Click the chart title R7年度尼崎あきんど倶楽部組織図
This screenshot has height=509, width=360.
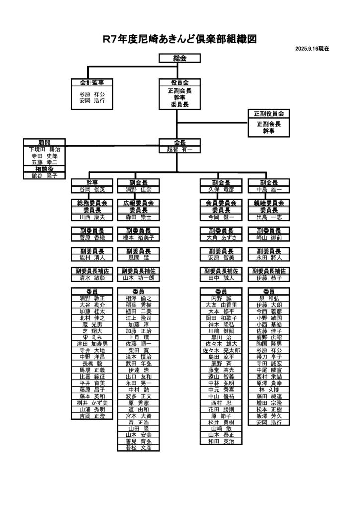coord(180,39)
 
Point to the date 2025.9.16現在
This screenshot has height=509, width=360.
coord(312,49)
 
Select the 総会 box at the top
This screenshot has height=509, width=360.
coord(180,58)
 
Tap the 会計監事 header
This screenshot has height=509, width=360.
coord(92,82)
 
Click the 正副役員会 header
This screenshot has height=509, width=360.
coord(269,114)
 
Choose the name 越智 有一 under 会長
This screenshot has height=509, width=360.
coord(180,149)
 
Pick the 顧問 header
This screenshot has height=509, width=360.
coord(44,142)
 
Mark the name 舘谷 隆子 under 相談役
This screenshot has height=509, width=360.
coord(44,175)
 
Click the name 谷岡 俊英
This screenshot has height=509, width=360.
coord(92,189)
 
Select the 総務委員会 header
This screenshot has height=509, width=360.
coord(92,203)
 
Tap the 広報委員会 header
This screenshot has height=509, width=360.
coord(139,203)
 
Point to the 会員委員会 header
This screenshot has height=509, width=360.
coord(221,203)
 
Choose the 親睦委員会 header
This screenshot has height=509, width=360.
coord(269,203)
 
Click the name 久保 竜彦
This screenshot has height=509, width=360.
coord(221,189)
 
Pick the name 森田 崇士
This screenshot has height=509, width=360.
coord(139,217)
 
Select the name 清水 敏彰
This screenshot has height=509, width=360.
coord(92,278)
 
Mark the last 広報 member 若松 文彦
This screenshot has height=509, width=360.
coord(139,448)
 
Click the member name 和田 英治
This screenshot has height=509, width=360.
coord(221,441)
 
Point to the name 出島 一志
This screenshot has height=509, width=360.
coord(269,217)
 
